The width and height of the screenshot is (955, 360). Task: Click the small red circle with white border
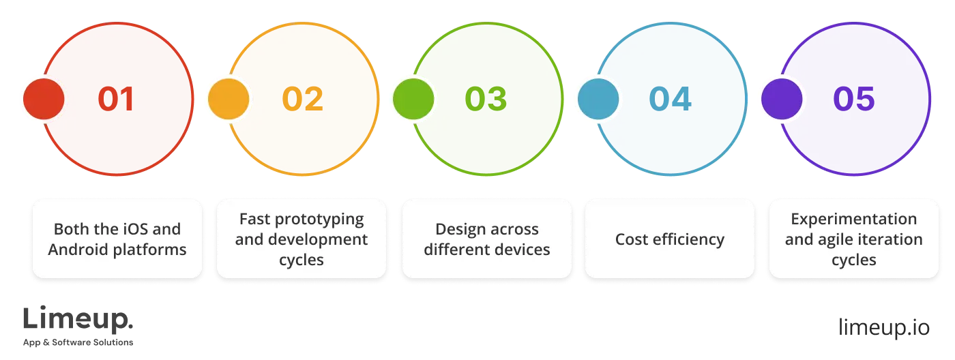tap(44, 100)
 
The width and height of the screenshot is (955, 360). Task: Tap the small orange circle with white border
tap(229, 100)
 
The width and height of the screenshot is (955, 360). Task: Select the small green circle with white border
tap(413, 100)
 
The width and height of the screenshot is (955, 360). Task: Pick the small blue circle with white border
tap(598, 100)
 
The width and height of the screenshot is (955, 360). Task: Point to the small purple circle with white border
tap(782, 100)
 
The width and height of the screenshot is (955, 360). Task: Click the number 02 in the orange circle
tap(303, 100)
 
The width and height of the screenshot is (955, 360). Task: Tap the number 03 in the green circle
tap(486, 100)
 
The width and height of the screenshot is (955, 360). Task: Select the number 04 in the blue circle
tap(670, 100)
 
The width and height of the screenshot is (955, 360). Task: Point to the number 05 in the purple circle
tap(853, 100)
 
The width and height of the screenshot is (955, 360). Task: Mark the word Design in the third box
tap(458, 228)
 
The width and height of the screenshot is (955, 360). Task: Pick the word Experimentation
tap(853, 219)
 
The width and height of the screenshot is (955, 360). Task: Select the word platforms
tap(150, 250)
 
